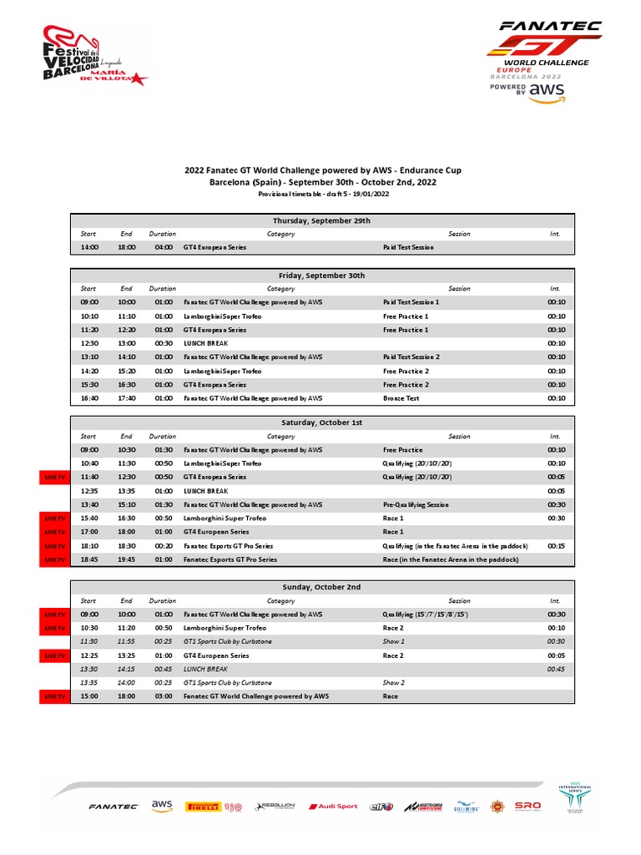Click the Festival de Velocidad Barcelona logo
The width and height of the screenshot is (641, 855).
93,56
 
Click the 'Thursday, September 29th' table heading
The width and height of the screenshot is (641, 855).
321,220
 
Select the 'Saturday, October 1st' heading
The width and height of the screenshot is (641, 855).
321,422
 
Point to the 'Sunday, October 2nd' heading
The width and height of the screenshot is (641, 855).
321,587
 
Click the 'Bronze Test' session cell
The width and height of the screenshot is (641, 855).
401,398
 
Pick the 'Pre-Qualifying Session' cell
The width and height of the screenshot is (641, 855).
416,504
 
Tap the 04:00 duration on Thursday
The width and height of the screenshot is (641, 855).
163,248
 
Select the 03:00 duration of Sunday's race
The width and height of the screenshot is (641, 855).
163,696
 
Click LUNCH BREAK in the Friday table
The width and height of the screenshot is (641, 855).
205,343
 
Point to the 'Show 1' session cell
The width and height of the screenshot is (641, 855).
393,641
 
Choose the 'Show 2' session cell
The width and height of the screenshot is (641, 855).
393,682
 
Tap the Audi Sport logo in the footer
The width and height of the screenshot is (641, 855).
334,807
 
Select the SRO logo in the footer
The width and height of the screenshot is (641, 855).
527,806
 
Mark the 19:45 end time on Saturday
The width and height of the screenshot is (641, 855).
126,559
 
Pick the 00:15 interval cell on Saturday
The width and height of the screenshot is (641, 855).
555,545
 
